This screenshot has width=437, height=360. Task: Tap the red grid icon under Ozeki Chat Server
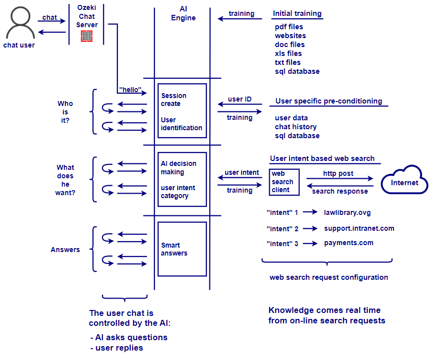[87, 36]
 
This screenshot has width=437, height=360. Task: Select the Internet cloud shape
[404, 181]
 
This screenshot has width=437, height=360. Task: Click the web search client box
[283, 182]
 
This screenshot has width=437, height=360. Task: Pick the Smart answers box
[182, 249]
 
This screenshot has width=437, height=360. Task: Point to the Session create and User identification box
[182, 111]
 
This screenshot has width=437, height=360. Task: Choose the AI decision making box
[182, 179]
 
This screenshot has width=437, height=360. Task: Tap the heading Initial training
[297, 13]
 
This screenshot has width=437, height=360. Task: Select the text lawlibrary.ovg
[347, 212]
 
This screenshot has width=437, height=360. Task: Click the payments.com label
[348, 243]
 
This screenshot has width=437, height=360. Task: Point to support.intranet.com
[359, 228]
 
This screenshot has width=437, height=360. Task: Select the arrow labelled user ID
[240, 104]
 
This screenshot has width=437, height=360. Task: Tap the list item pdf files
[289, 27]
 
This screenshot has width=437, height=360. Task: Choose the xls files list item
[288, 53]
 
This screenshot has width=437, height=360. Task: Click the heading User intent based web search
[322, 158]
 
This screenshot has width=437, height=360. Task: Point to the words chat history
[295, 127]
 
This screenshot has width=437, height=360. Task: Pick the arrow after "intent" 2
[310, 228]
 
